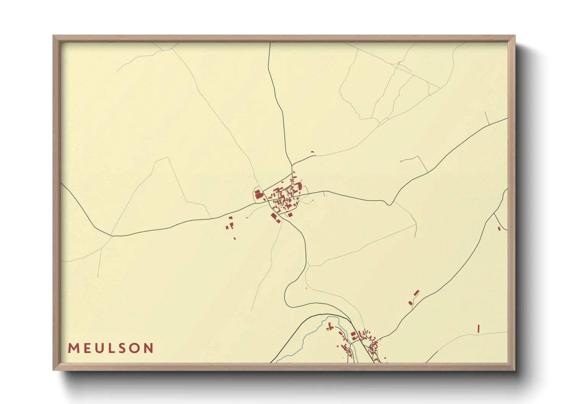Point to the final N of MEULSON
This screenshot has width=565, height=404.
tap(149, 348)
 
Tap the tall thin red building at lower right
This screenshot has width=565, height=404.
tap(478, 328)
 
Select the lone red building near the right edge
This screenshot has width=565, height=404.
tap(499, 228)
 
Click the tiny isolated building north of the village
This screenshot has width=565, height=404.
tap(312, 152)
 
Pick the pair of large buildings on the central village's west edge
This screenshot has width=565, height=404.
tap(259, 194)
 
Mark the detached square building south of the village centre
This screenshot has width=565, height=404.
tap(290, 215)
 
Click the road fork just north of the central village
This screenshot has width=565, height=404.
tap(292, 165)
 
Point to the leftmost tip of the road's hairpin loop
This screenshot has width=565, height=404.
tap(285, 294)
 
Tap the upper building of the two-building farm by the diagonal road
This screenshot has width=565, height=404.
tap(416, 293)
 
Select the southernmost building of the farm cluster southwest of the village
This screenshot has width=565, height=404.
tap(234, 238)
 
